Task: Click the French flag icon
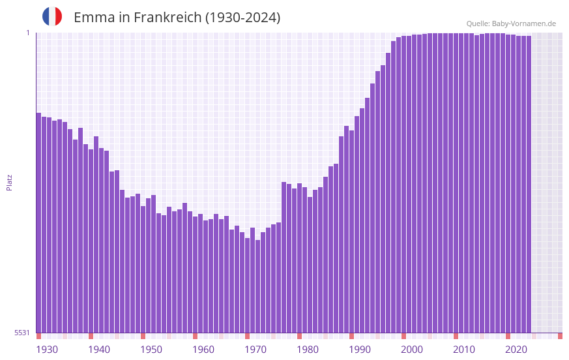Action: coord(52,16)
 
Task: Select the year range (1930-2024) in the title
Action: coord(242,18)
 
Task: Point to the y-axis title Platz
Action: coord(9,182)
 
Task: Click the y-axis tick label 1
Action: coord(27,33)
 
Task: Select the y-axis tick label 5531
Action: coord(22,333)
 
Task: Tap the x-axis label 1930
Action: coord(47,350)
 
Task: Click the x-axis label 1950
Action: coord(151,350)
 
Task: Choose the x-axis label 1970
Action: coord(255,350)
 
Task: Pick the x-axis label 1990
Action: coord(360,350)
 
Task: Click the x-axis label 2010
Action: coord(464,350)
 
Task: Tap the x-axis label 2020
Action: coord(516,350)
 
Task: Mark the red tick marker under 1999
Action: coord(403,336)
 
